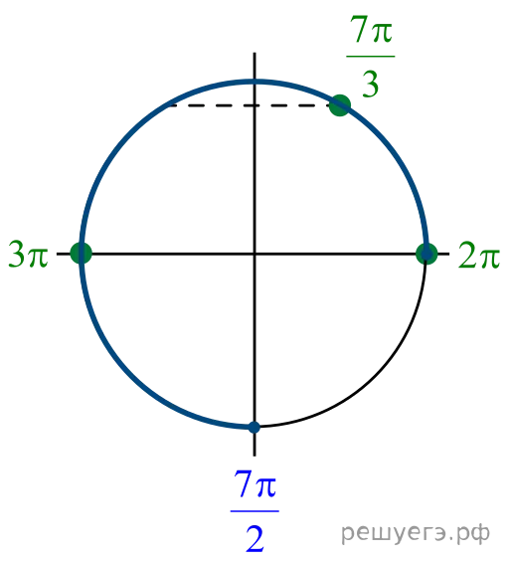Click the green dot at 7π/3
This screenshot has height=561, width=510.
[x=340, y=105]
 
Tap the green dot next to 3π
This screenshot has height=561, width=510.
[x=82, y=253]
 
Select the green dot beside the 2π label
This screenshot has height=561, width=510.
[x=426, y=254]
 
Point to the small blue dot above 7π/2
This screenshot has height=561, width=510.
[x=255, y=427]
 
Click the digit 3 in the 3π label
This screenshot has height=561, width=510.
[x=17, y=254]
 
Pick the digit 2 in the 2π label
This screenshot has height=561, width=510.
[x=466, y=255]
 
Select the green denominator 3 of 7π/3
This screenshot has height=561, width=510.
[x=370, y=84]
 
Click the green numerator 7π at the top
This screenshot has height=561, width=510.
[x=371, y=29]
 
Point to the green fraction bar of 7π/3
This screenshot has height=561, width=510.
[x=371, y=56]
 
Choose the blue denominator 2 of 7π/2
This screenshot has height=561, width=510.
[x=255, y=538]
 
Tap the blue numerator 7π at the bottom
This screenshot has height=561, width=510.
[x=255, y=483]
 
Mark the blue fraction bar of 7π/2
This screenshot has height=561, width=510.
[x=255, y=511]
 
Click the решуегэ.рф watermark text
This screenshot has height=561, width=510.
[x=416, y=534]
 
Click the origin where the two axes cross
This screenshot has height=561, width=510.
[x=255, y=254]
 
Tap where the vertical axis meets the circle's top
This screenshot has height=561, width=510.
[x=255, y=83]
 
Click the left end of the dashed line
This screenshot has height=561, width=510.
[x=168, y=105]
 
